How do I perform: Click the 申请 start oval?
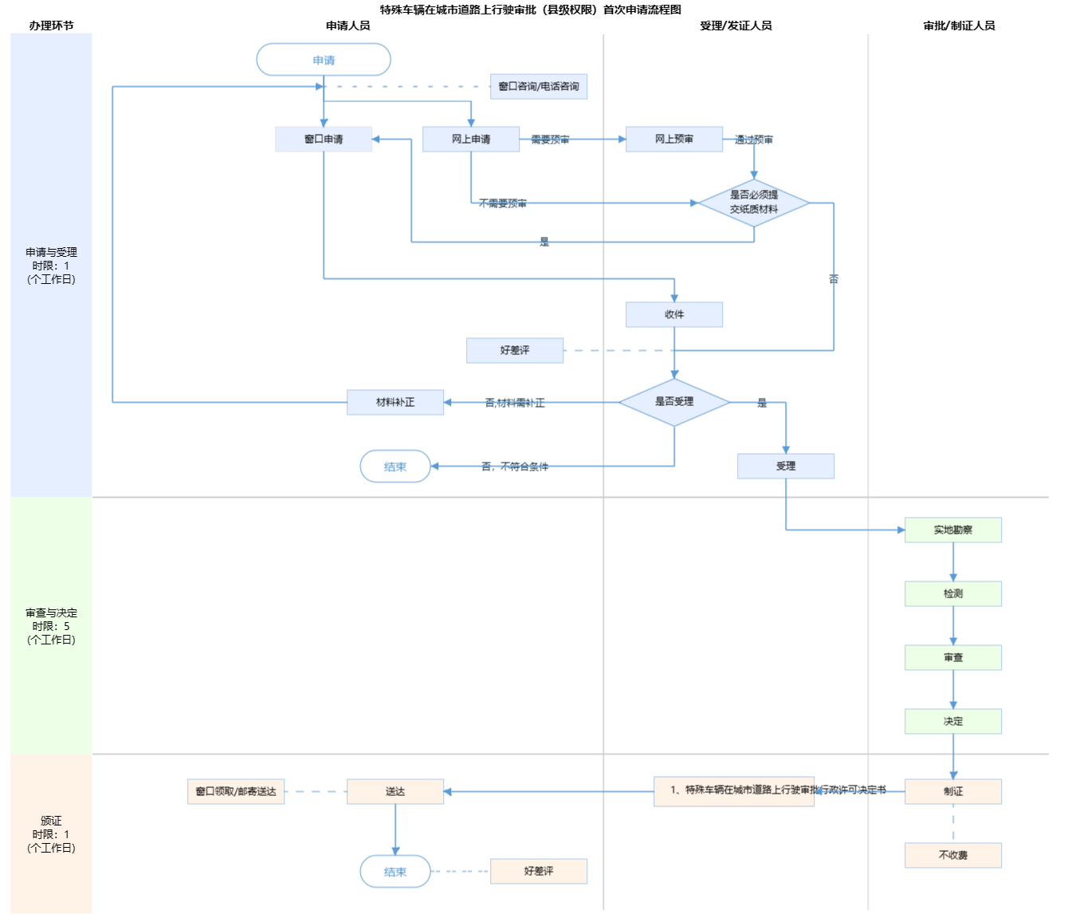[x=324, y=60]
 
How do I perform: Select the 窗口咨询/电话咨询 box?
[x=539, y=86]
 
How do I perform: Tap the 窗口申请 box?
[x=324, y=139]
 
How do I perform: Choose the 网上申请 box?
[x=471, y=139]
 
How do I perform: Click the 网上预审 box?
[x=674, y=139]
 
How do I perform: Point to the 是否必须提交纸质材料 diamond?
[x=754, y=203]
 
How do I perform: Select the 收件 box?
[x=674, y=314]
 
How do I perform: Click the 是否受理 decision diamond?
[x=674, y=402]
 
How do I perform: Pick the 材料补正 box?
[x=395, y=402]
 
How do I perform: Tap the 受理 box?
[x=786, y=466]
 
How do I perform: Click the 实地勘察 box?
[x=953, y=530]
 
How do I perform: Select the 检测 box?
[x=953, y=593]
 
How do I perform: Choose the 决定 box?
[x=953, y=721]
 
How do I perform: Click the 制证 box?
[x=953, y=791]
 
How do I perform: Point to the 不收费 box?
[x=953, y=855]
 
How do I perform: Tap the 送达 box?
[x=395, y=791]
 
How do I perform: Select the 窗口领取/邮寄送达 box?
[x=236, y=791]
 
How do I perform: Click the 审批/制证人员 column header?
[x=959, y=26]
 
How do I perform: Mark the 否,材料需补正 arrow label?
[x=515, y=403]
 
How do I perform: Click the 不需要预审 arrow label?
[x=503, y=203]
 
